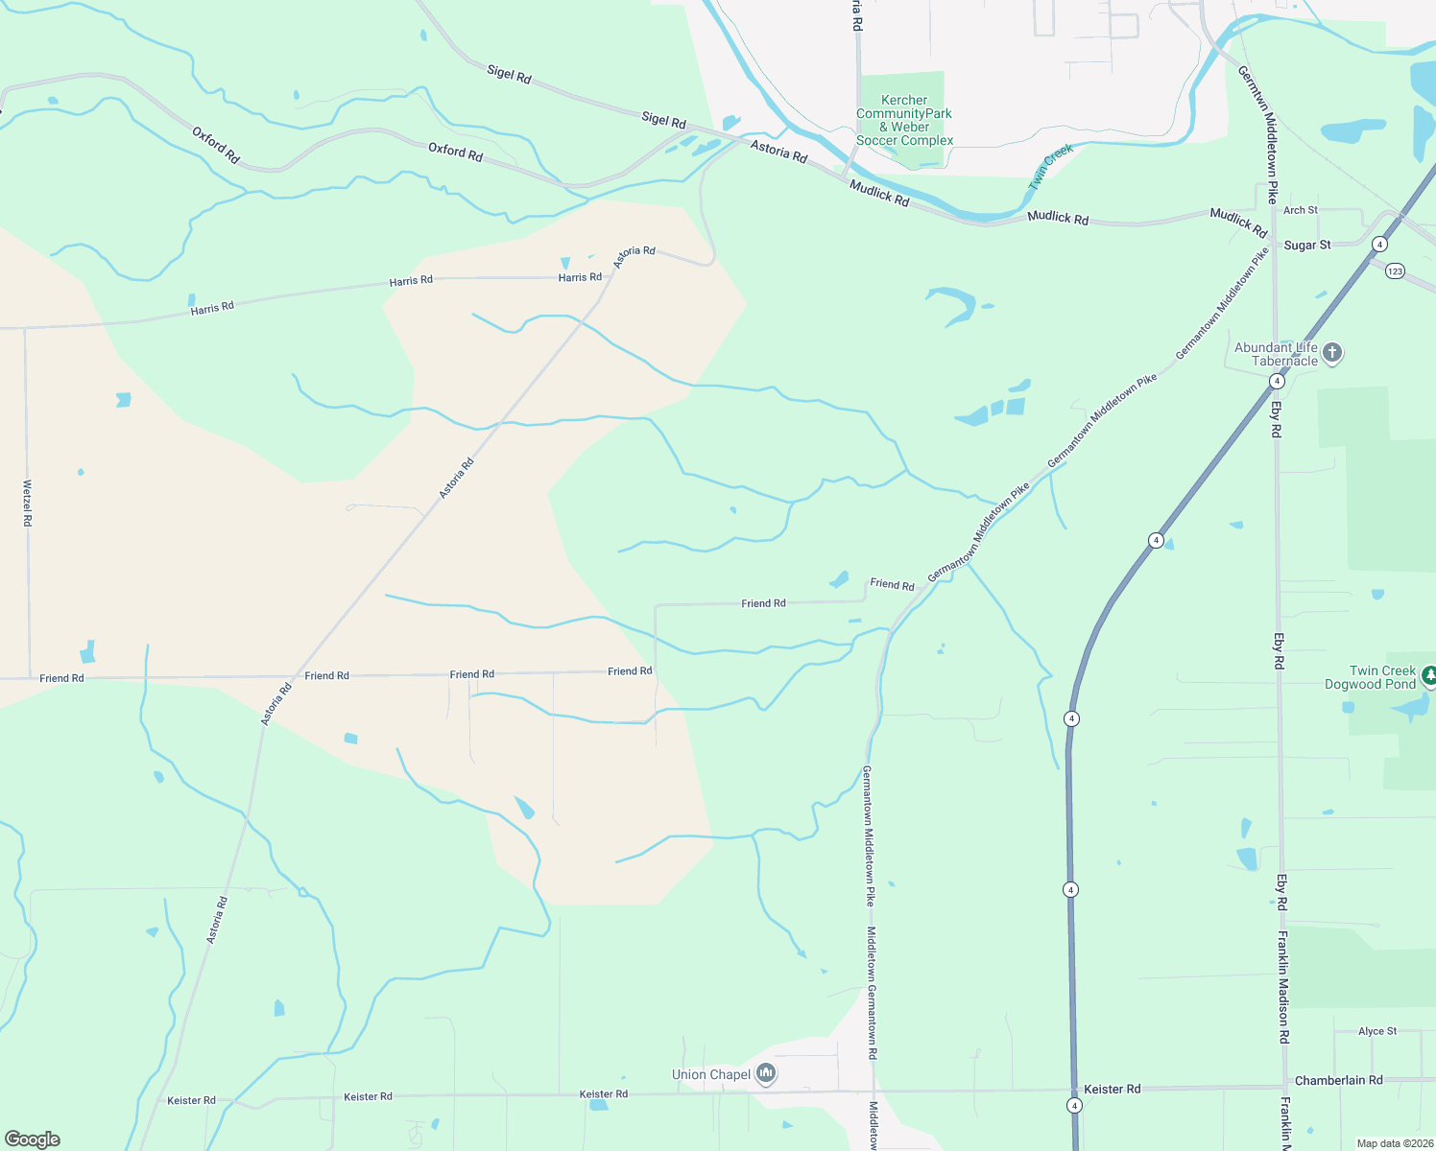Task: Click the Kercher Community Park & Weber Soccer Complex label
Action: (x=904, y=120)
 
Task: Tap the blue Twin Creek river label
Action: (x=1050, y=166)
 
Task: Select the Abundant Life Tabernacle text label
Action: (x=1276, y=354)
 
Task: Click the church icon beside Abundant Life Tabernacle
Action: (x=1331, y=353)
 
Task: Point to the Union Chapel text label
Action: (x=711, y=1074)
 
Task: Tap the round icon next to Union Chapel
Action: (x=766, y=1073)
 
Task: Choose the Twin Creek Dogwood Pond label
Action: (x=1370, y=677)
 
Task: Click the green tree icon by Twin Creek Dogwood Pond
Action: (x=1429, y=676)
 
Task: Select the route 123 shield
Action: (x=1395, y=271)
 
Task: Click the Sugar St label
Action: (x=1306, y=246)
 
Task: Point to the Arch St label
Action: (x=1301, y=210)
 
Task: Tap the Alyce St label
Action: (x=1377, y=1031)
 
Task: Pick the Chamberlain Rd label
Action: (x=1338, y=1080)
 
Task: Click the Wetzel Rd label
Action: (x=27, y=503)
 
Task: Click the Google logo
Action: (x=33, y=1139)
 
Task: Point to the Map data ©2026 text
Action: (x=1393, y=1143)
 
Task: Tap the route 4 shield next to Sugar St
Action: (x=1379, y=244)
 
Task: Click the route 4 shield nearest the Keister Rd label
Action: (x=1074, y=1106)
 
